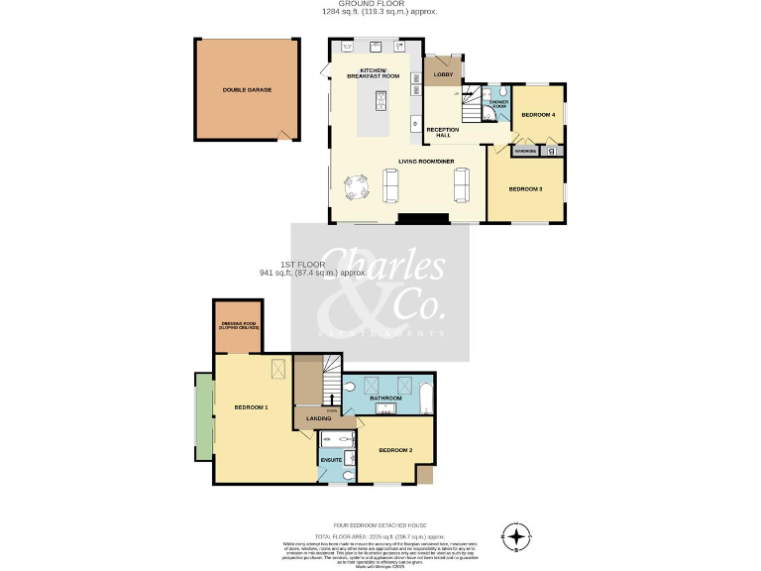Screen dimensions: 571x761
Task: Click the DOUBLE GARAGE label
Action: tap(247, 89)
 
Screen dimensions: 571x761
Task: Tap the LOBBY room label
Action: tap(443, 75)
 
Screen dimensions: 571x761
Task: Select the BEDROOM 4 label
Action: tap(538, 115)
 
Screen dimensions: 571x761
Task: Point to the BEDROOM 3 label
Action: tap(525, 188)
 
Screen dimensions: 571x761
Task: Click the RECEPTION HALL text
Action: tap(442, 133)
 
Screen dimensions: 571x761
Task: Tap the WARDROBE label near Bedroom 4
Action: tap(525, 152)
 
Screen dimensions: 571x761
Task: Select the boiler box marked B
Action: tap(553, 152)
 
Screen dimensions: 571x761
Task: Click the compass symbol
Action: tap(515, 537)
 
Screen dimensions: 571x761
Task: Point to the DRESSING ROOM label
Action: tap(239, 325)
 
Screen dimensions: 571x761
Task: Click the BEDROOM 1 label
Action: tap(251, 407)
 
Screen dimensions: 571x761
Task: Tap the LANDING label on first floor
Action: tap(318, 419)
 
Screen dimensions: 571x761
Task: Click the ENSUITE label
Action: tap(331, 460)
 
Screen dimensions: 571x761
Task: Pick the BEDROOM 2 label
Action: tap(396, 451)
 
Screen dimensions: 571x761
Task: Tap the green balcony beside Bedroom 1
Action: tap(204, 416)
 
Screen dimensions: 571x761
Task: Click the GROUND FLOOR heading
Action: tap(380, 4)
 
